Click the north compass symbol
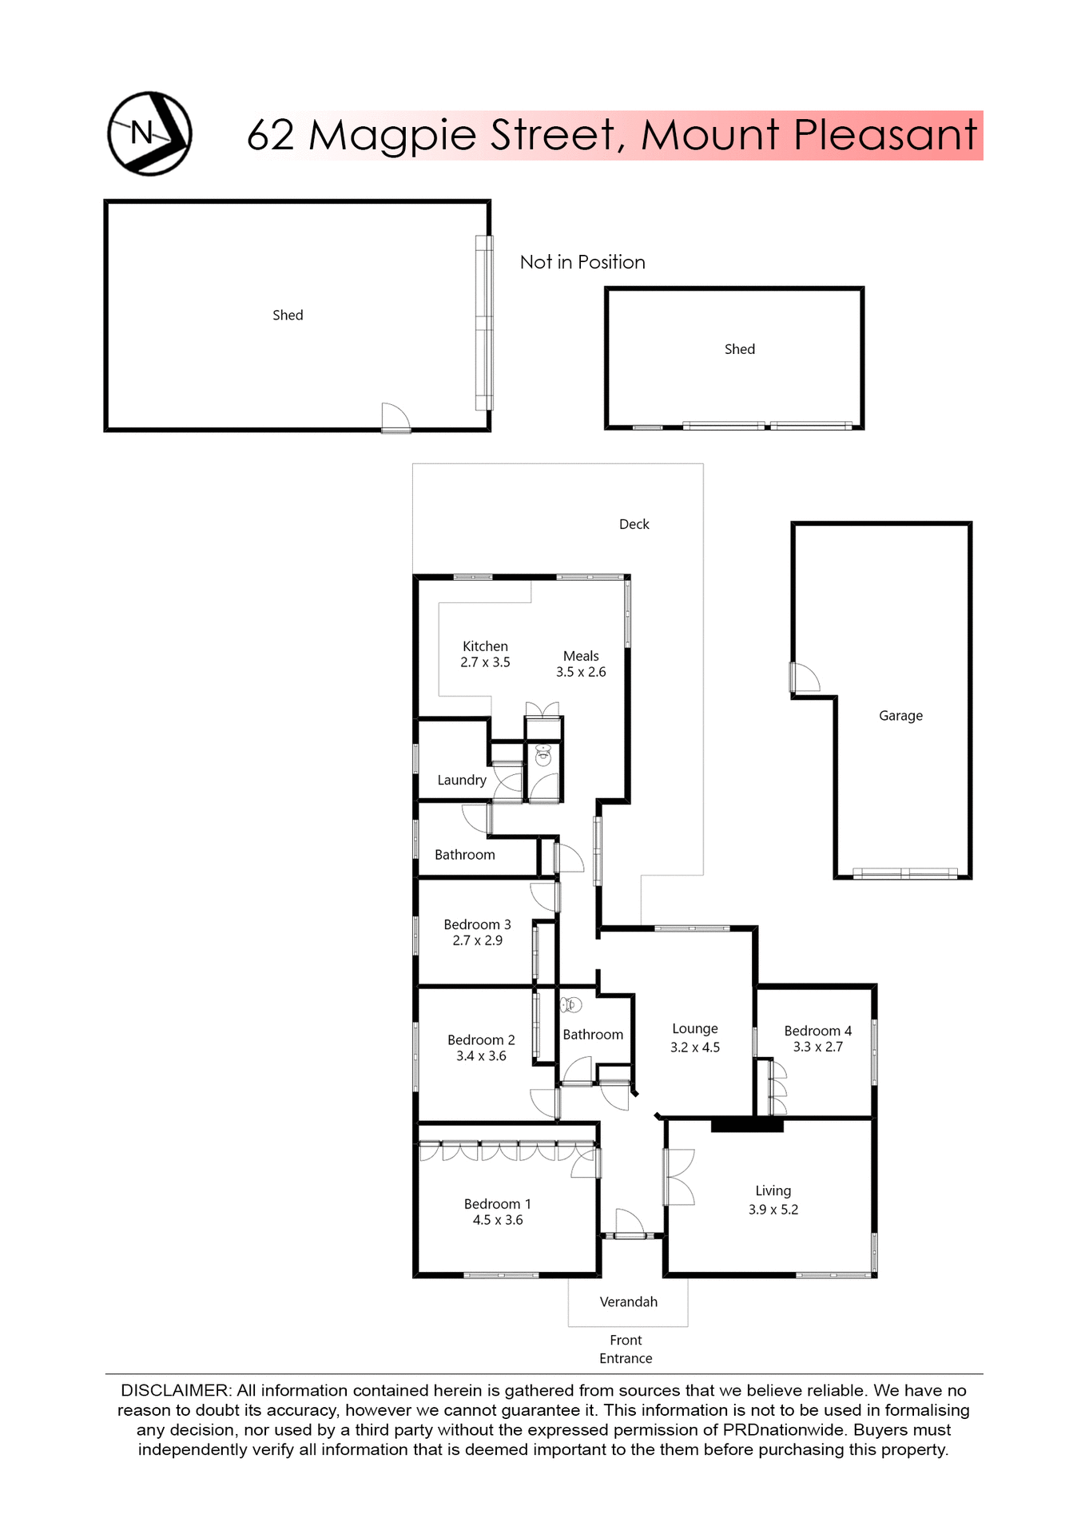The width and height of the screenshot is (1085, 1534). tap(149, 133)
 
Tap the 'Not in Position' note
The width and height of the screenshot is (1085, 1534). tap(582, 262)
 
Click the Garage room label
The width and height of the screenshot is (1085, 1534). tap(900, 716)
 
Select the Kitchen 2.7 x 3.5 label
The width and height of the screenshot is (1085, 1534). tap(485, 654)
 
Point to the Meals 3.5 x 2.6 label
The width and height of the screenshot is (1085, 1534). tap(581, 664)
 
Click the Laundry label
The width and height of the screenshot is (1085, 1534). tap(462, 780)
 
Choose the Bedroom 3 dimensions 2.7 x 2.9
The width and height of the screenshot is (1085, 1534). tap(477, 940)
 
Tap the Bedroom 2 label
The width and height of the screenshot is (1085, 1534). tap(481, 1039)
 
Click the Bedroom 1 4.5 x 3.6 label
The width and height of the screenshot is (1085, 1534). tap(497, 1212)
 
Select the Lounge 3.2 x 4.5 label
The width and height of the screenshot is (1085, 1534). tap(694, 1038)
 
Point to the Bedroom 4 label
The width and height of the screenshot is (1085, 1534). tap(817, 1031)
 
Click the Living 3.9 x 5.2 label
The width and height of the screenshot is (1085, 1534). tap(773, 1200)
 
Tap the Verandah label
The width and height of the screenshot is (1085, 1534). tap(628, 1302)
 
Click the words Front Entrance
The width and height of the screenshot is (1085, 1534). tap(626, 1349)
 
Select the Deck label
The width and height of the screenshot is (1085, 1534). tap(634, 524)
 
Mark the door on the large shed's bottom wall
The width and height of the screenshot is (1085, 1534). tap(395, 417)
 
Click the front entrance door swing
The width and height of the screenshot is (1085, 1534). tap(629, 1222)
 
